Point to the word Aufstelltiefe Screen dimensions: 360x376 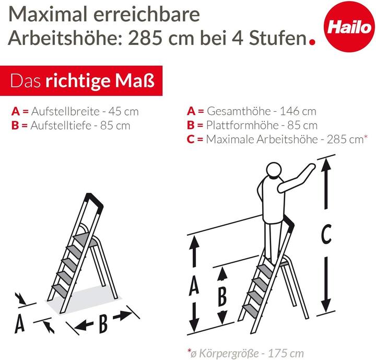pos(61,125)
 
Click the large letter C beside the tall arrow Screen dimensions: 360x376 pos(326,236)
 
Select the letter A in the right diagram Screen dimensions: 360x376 pos(194,285)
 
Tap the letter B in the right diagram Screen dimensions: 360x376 pos(222,296)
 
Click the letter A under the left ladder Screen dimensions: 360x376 pos(19,324)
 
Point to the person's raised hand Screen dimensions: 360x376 pos(311,166)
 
